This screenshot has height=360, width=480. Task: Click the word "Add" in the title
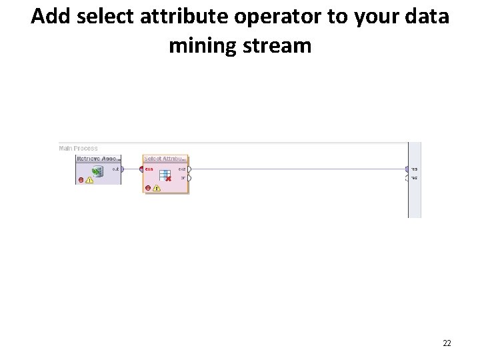(51, 17)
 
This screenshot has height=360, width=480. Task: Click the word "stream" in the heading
(281, 45)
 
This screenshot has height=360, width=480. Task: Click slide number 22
(447, 343)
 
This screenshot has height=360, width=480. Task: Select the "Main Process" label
(79, 148)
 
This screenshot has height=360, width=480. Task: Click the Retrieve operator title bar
(98, 159)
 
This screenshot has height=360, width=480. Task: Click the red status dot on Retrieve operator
(81, 180)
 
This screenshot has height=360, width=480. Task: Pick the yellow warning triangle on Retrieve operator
(89, 180)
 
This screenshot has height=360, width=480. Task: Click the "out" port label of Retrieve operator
(115, 169)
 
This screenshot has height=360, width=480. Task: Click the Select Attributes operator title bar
(166, 159)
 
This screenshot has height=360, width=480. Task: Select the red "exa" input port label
(149, 169)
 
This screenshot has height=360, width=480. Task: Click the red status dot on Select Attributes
(148, 187)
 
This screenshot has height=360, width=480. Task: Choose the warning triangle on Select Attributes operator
(157, 187)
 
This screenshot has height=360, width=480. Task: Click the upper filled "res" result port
(407, 169)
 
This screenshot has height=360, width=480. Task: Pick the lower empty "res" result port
(407, 178)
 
